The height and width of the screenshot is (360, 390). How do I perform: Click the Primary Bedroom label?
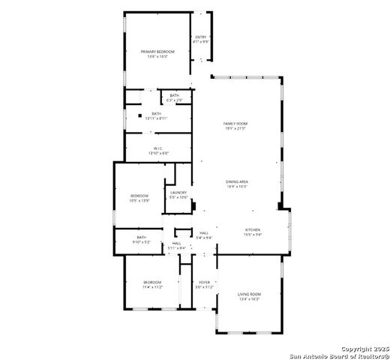[x=157, y=51]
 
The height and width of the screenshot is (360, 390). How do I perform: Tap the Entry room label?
[x=200, y=37]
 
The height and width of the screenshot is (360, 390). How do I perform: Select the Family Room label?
[x=235, y=123]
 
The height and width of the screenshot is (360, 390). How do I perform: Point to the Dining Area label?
[x=237, y=181]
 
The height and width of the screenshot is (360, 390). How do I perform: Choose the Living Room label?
[x=249, y=293]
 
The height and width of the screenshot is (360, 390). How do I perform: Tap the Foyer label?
[x=204, y=282]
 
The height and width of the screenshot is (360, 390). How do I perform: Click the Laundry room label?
[x=178, y=193]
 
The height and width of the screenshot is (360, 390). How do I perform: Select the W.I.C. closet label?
[x=158, y=148]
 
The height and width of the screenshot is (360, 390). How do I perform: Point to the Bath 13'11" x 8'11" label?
[x=156, y=114]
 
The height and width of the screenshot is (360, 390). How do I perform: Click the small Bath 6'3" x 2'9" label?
[x=174, y=95]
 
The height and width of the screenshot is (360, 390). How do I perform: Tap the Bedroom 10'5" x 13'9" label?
[x=139, y=196]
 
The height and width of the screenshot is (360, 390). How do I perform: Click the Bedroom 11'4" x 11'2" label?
[x=153, y=282]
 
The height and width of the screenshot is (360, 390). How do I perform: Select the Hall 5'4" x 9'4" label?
[x=204, y=232]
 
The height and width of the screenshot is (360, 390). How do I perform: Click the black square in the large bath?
[x=139, y=115]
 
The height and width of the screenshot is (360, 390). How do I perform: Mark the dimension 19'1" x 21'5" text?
[x=235, y=128]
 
